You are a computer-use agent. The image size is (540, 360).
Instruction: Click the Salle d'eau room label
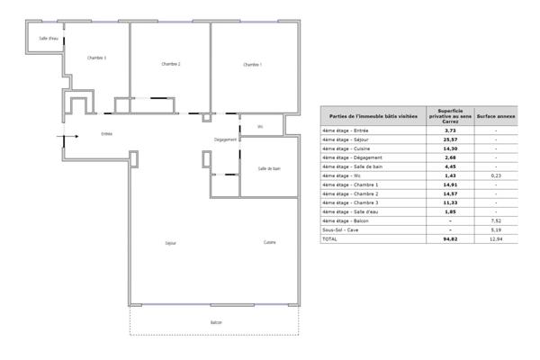point(49,40)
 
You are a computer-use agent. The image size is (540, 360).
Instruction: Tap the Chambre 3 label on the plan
point(96,58)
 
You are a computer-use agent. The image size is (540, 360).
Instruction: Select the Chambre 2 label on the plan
point(171,64)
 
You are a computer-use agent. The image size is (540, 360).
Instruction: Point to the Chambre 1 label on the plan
point(252,64)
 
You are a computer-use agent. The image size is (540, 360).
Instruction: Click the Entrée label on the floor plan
point(106,134)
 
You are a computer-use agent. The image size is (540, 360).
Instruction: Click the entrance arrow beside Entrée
point(61,138)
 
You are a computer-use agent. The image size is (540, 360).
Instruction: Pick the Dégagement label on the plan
point(226,140)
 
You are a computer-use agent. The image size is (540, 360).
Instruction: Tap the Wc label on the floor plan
point(260,126)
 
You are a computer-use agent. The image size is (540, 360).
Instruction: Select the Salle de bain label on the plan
point(270,168)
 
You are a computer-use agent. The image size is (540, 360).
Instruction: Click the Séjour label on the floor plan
point(170,243)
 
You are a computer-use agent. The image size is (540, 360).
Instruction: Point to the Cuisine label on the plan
point(269,243)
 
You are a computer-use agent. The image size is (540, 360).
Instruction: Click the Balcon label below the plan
point(216,322)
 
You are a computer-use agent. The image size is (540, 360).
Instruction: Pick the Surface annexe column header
point(495,117)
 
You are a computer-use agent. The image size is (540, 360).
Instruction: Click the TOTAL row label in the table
point(331,239)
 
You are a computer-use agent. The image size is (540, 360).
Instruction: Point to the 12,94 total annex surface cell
point(495,239)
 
